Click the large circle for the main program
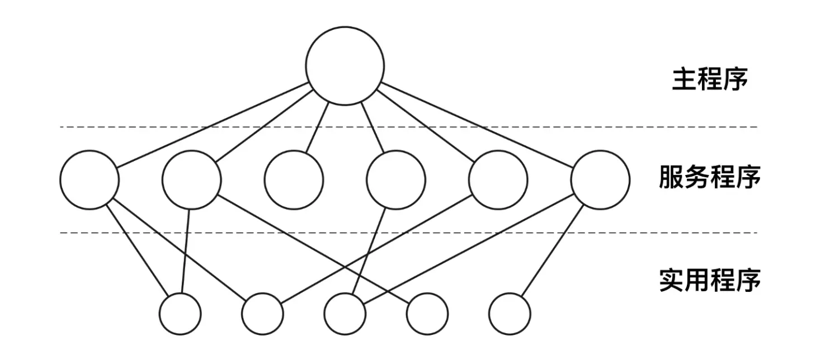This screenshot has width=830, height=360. tap(345, 65)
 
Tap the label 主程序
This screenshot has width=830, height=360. tap(710, 80)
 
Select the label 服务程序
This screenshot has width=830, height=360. tap(710, 179)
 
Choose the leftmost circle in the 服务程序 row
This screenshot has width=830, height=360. tap(89, 179)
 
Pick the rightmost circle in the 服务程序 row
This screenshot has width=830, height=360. tap(600, 179)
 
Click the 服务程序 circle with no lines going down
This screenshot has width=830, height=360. tap(294, 179)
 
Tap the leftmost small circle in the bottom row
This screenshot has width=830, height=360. tap(180, 314)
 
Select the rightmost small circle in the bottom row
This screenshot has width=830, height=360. tap(509, 314)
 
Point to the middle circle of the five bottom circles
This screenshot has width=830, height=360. tap(345, 314)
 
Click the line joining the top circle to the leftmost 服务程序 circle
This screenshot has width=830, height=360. tap(213, 125)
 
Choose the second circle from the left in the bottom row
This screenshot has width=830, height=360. tap(262, 314)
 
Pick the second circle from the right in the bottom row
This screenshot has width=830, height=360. tap(427, 314)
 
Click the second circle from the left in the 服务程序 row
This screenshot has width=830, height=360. tap(192, 179)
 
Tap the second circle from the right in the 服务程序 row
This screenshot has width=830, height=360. tap(498, 179)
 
